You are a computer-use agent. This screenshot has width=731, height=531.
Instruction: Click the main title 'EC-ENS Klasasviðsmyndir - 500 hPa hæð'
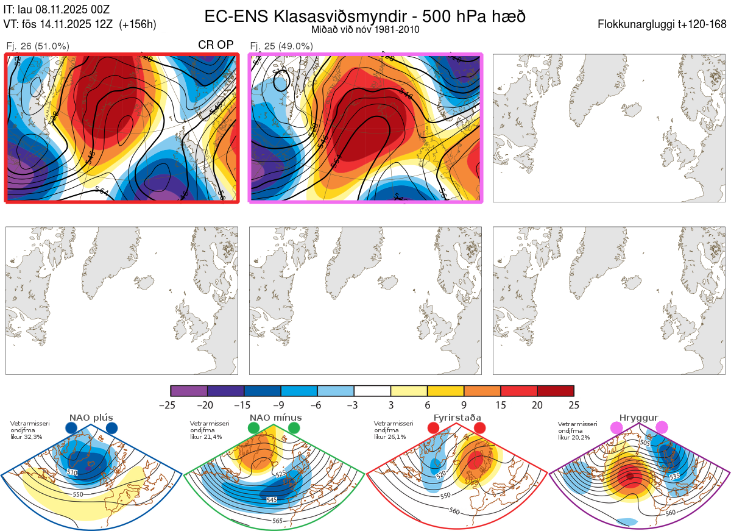click(x=365, y=16)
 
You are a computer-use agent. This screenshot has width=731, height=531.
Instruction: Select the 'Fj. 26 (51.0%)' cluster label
click(x=37, y=46)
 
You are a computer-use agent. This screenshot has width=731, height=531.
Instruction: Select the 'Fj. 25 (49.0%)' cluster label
click(x=281, y=46)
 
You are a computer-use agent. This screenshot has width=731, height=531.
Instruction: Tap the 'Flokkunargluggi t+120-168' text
click(x=662, y=24)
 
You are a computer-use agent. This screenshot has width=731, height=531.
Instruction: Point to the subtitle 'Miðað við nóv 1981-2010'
click(x=365, y=29)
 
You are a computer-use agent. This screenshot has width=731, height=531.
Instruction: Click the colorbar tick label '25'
click(x=573, y=405)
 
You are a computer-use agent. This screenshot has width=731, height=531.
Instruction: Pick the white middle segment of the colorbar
click(x=372, y=391)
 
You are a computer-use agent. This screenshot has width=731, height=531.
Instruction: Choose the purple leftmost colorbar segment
click(x=189, y=391)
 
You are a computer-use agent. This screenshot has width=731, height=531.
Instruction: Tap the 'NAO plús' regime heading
click(x=91, y=418)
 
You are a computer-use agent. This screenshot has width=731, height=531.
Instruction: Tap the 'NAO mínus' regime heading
click(x=275, y=418)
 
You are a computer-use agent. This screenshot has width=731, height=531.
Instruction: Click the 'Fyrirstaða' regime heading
click(x=457, y=418)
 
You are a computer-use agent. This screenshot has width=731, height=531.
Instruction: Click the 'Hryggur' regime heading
click(x=639, y=418)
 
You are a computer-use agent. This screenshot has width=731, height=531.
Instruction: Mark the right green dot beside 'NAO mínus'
click(x=294, y=429)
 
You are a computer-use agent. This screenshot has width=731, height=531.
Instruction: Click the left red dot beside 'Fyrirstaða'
click(x=433, y=429)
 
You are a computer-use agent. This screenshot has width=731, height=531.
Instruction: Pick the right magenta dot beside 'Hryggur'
click(x=662, y=429)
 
